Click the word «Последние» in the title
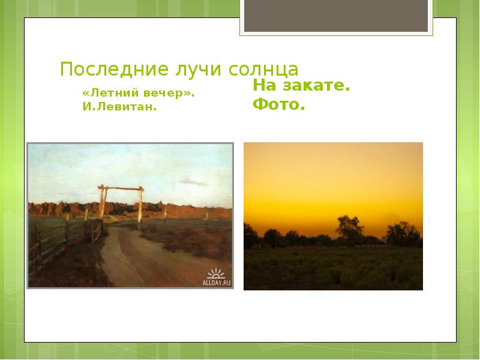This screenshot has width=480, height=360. (99, 70)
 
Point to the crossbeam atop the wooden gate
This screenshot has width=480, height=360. (121, 190)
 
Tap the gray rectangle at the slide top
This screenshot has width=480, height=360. (336, 16)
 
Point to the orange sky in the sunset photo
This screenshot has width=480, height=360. (333, 174)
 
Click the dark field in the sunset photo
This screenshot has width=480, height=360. (333, 270)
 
